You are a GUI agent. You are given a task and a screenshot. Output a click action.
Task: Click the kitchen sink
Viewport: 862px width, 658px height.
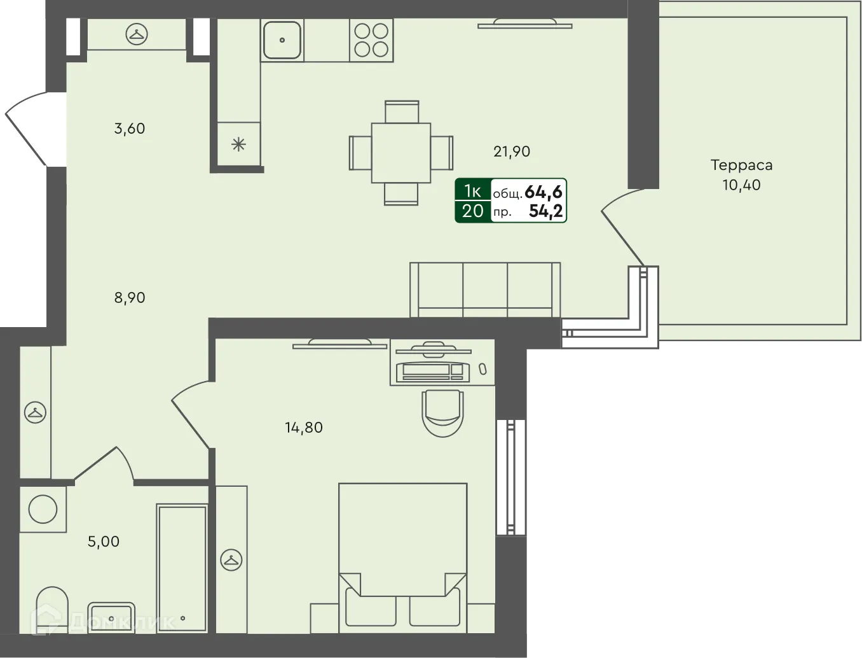(x=282, y=40)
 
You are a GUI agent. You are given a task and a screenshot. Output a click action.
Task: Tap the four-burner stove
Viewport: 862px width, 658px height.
(x=371, y=40)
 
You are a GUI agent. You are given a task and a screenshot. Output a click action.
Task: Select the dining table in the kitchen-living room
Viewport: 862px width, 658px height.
(x=401, y=153)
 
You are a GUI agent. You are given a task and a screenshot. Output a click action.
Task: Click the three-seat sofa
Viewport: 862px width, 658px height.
(x=485, y=290)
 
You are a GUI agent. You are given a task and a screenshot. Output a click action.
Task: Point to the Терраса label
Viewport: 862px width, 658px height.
(x=741, y=165)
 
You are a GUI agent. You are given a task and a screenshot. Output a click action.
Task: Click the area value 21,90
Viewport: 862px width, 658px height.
(x=512, y=151)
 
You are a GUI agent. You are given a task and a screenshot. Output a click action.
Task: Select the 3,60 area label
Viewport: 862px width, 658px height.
(x=130, y=129)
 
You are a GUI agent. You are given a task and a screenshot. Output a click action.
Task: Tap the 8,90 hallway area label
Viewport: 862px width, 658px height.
(x=130, y=298)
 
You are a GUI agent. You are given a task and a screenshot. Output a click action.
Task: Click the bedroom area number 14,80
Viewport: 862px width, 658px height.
(x=304, y=427)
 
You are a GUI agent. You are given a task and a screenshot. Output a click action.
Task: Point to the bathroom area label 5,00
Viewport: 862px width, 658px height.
(x=103, y=542)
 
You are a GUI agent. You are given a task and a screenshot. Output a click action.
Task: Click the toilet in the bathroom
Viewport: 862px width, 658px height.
(x=52, y=610)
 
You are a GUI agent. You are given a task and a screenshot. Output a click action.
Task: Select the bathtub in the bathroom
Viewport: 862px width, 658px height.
(x=182, y=568)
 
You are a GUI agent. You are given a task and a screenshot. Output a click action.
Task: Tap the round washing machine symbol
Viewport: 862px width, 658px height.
(x=43, y=510)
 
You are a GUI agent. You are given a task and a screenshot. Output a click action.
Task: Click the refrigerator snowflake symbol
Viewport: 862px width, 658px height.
(x=239, y=144)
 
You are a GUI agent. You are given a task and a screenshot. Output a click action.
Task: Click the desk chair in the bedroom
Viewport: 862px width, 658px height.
(x=442, y=413)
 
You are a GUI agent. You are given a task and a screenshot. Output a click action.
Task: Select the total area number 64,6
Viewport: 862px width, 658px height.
(x=544, y=192)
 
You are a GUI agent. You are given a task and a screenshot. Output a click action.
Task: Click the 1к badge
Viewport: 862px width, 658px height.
(x=472, y=191)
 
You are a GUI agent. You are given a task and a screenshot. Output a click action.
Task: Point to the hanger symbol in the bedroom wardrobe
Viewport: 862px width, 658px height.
(x=231, y=560)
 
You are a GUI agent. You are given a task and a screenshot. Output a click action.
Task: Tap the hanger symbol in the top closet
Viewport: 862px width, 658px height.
(x=137, y=34)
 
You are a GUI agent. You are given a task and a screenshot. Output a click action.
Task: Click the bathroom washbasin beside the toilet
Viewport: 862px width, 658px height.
(x=111, y=617)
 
